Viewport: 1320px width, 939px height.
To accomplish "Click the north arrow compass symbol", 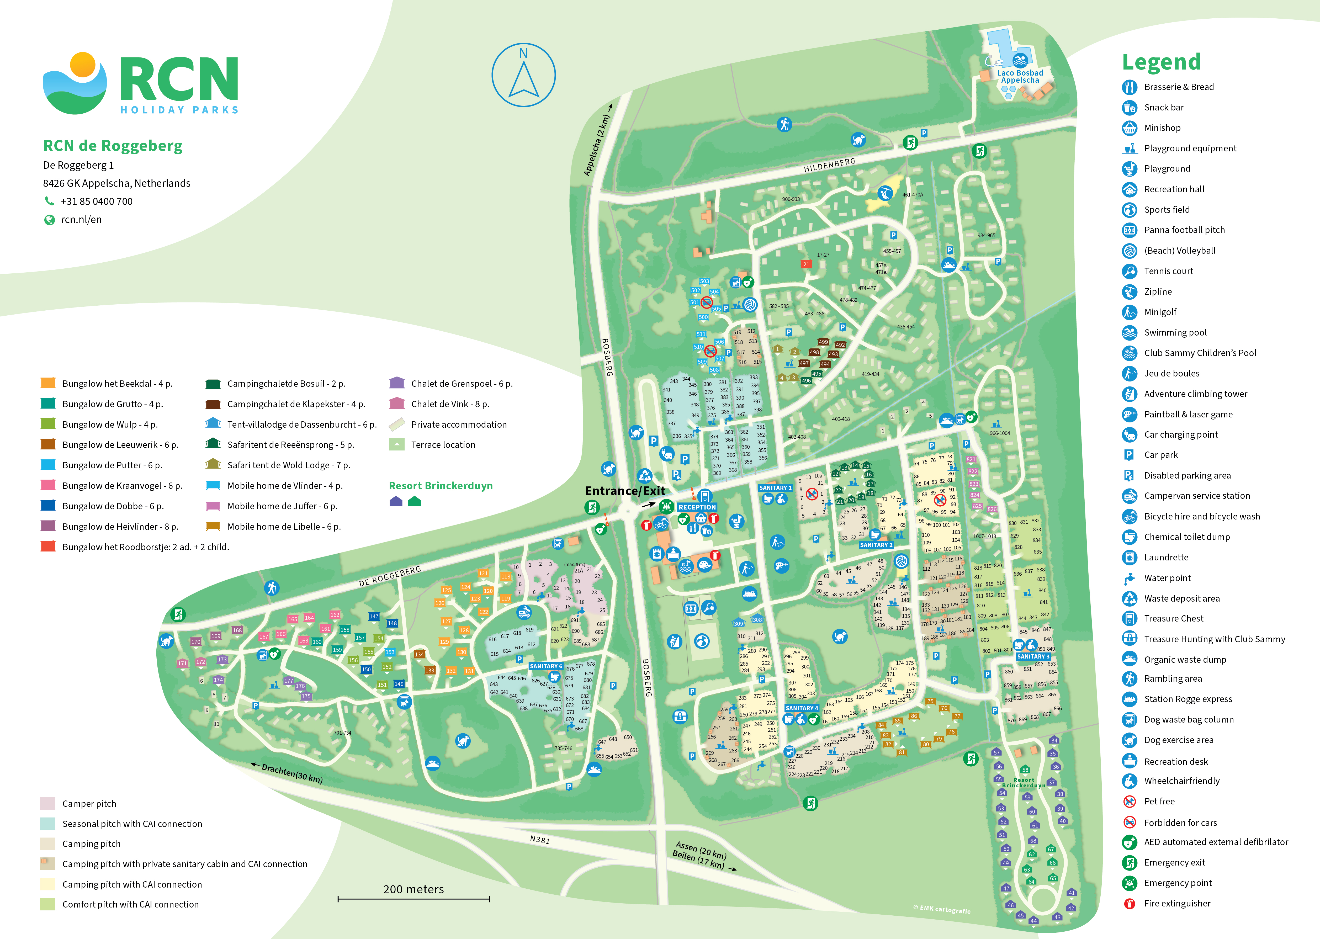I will point(523,75).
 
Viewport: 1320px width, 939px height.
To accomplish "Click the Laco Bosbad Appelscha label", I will point(1020,76).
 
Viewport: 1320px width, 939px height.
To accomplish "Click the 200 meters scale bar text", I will point(414,889).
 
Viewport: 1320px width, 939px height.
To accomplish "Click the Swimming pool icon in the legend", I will point(1129,332).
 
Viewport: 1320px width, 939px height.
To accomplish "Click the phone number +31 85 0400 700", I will point(97,201).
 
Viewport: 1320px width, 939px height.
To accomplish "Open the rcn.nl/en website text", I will point(81,220).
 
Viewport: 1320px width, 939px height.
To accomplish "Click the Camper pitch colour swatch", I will point(48,803).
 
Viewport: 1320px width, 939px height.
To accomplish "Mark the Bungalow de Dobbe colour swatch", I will point(48,506).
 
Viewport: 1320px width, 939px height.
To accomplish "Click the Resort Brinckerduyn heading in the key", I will point(441,486).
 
